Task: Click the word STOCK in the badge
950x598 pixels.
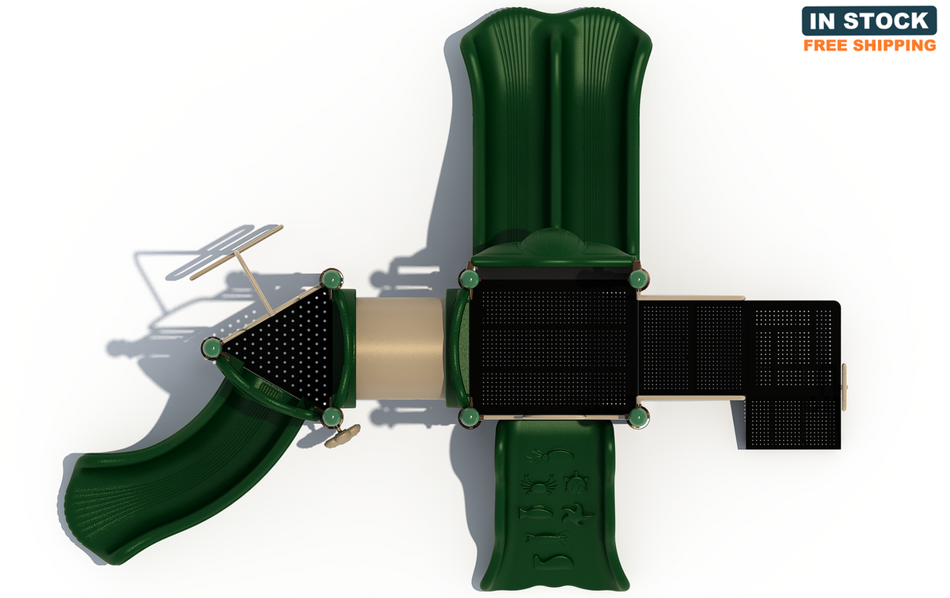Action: pos(886,21)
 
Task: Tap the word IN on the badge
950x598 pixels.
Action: pos(823,21)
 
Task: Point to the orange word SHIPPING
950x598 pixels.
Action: pos(895,45)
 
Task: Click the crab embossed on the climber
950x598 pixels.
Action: pos(538,483)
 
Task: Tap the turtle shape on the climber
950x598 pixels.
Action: pos(576,483)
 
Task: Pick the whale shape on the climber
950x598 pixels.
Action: pos(550,562)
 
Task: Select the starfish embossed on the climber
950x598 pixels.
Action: pos(578,513)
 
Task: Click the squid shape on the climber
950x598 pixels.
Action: pos(550,456)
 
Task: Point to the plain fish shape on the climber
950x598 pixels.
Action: pos(536,513)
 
